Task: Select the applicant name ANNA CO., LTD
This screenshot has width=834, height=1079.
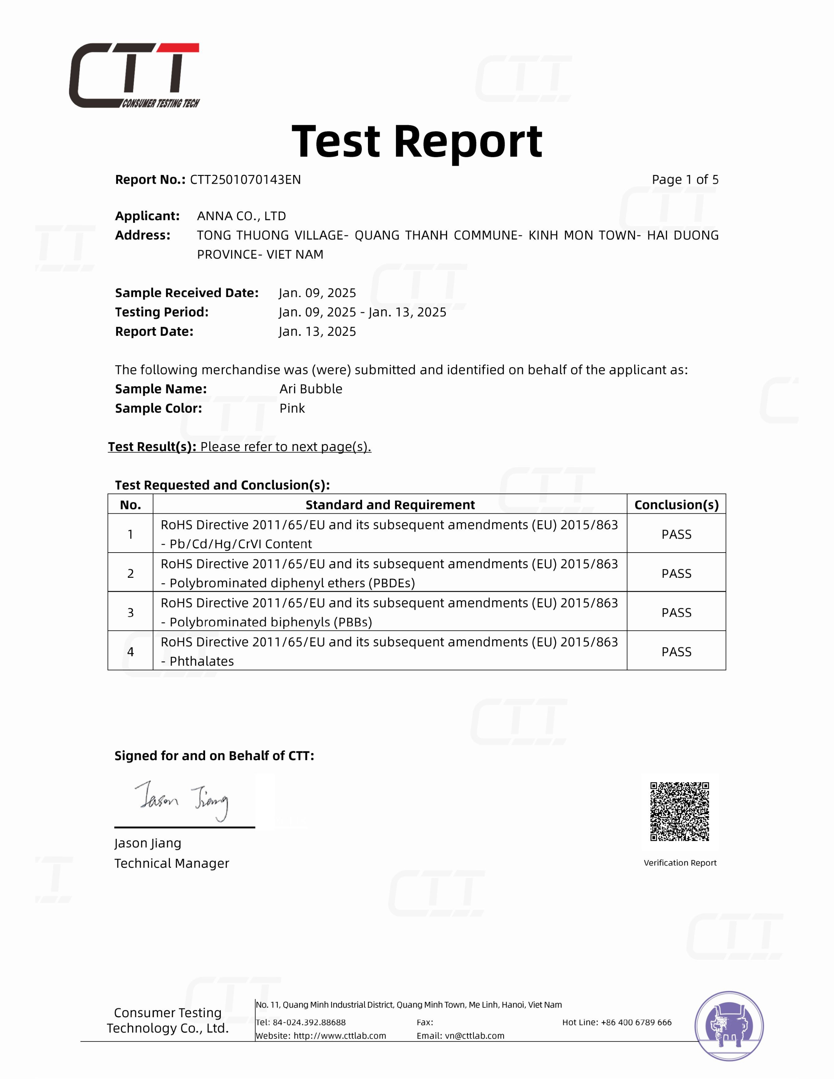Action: [x=241, y=216]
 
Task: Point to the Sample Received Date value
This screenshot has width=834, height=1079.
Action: [x=317, y=293]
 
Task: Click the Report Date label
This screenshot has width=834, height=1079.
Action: [x=154, y=332]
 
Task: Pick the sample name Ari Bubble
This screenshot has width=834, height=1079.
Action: [x=311, y=389]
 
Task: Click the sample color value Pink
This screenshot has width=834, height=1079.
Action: [x=292, y=408]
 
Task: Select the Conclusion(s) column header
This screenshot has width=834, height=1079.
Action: [x=676, y=505]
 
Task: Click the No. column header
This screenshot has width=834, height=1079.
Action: [x=130, y=505]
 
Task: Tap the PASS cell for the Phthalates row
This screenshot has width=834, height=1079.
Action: [x=676, y=652]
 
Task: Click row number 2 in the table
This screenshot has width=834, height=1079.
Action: [x=130, y=573]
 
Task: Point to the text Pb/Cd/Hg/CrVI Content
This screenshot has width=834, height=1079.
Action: [x=241, y=544]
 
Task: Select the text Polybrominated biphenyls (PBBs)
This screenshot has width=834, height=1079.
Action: [x=271, y=622]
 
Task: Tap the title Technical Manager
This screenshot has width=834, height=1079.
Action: [x=172, y=863]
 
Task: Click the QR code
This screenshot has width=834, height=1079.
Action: [x=679, y=811]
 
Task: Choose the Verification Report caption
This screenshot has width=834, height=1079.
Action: [x=680, y=863]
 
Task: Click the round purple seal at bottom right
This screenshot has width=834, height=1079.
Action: [x=729, y=1026]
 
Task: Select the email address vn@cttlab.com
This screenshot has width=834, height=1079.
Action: [x=474, y=1036]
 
